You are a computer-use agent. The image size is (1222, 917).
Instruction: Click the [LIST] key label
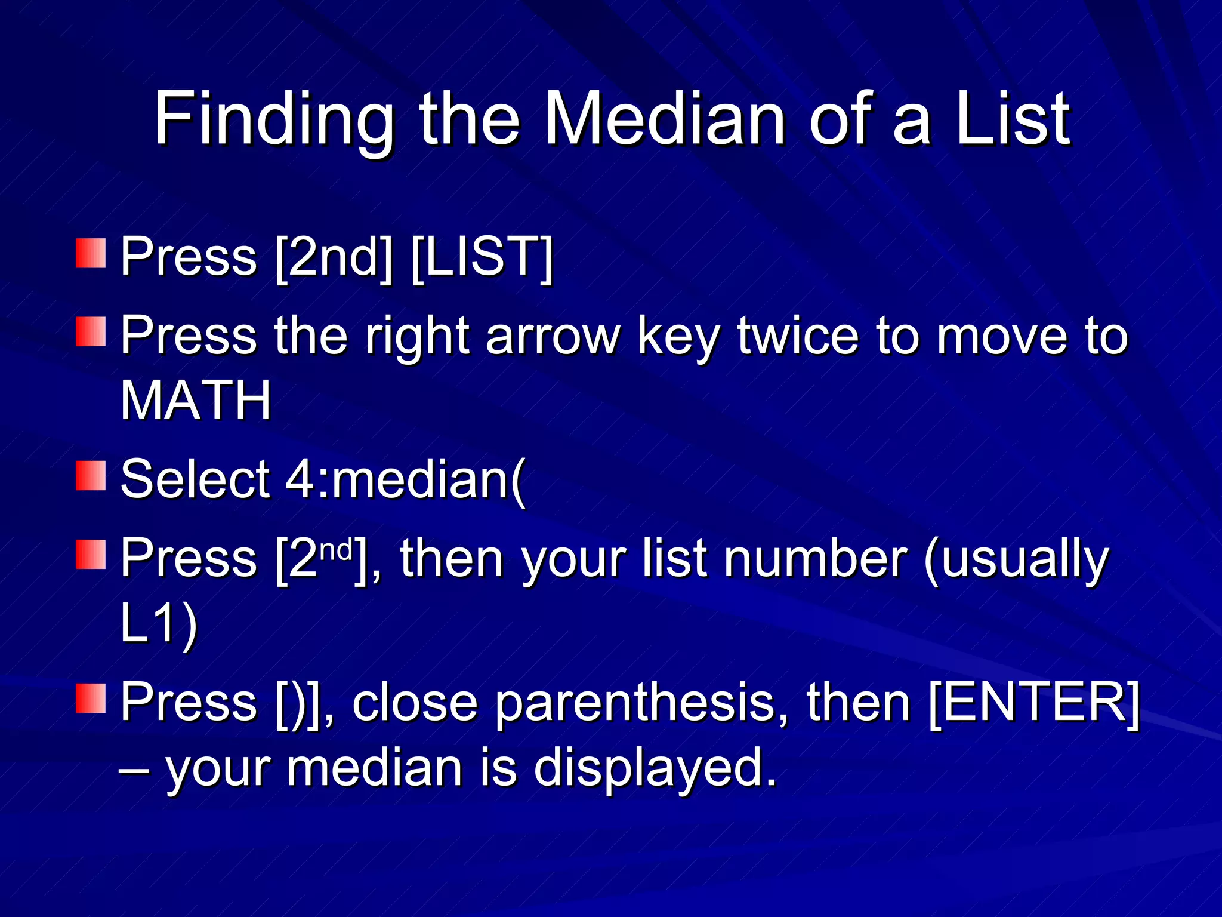pos(482,257)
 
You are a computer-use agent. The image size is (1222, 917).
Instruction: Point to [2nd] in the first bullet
pos(334,257)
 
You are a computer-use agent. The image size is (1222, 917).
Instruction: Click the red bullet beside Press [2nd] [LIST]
pos(91,253)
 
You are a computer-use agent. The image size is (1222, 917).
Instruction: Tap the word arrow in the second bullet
pos(553,336)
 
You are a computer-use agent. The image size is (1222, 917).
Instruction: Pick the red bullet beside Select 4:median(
pos(91,475)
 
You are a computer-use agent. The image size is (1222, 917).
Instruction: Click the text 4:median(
pos(406,479)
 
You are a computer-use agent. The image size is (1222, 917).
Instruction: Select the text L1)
pos(158,624)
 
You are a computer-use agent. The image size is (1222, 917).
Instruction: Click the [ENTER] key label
pos(1034,703)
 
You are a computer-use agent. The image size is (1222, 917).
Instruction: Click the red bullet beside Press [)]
pos(91,698)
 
